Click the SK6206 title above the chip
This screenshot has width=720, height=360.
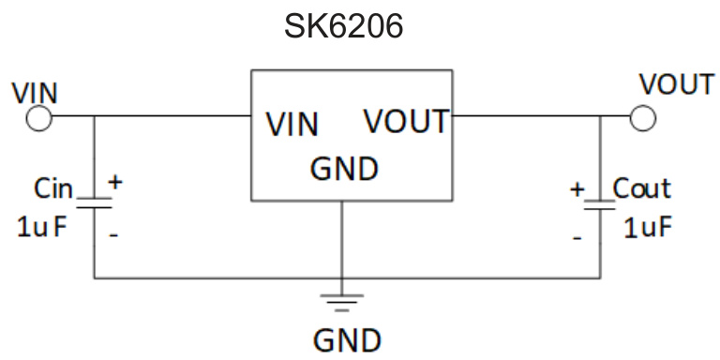[x=344, y=26]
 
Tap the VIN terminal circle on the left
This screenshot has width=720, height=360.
[x=39, y=118]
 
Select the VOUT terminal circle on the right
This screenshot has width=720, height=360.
[x=642, y=118]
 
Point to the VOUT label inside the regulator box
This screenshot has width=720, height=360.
[x=406, y=122]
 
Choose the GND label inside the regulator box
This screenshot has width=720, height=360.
[x=344, y=170]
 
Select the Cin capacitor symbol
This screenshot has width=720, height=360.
[x=94, y=202]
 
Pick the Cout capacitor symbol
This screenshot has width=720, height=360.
[x=600, y=203]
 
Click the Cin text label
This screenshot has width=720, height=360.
[x=53, y=188]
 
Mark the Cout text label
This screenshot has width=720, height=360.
[x=642, y=188]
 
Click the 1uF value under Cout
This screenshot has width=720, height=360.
[x=648, y=228]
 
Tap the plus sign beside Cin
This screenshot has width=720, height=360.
[x=116, y=183]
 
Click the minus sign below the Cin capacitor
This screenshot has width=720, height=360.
[x=113, y=235]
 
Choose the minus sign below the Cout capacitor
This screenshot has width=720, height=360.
[x=577, y=238]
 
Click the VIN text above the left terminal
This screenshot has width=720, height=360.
[x=35, y=93]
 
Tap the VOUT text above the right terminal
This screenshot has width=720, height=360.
[x=676, y=84]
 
